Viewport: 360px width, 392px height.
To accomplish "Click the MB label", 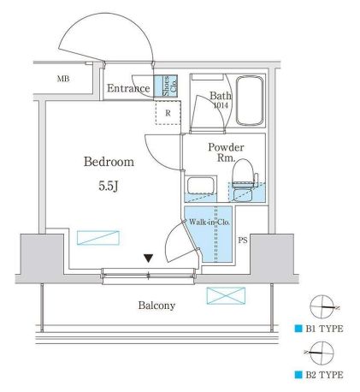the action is coord(63,79).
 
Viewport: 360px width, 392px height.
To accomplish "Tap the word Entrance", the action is coord(128,88).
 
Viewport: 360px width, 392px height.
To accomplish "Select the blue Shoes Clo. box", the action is coord(166,85).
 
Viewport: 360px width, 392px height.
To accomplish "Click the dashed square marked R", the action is coord(168,113).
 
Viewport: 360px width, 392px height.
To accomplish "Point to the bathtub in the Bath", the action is coord(250,100).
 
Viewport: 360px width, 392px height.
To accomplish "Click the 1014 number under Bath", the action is coord(221,105).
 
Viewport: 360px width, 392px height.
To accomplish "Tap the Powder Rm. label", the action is coord(226,152).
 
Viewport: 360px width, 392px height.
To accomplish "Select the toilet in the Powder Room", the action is coord(243,180).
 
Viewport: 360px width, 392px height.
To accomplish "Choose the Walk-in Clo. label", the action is coord(210,222).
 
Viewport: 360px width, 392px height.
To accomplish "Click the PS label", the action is coord(243,241).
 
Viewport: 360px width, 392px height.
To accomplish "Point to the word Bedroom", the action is coord(109,162).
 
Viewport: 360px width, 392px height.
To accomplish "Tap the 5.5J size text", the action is coord(109,187).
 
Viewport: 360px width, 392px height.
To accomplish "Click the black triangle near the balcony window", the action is coord(149,258).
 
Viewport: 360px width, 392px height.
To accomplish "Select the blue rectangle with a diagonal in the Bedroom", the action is coord(98,238).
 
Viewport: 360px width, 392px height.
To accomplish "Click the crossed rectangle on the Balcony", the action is coord(226,295).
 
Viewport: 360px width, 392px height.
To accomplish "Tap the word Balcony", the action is coord(156,306).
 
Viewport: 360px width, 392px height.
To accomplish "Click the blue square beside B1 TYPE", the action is coord(298,329).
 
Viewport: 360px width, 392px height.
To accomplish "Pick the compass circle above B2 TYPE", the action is coord(322,353).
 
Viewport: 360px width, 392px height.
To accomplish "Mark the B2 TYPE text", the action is coord(324,375).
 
